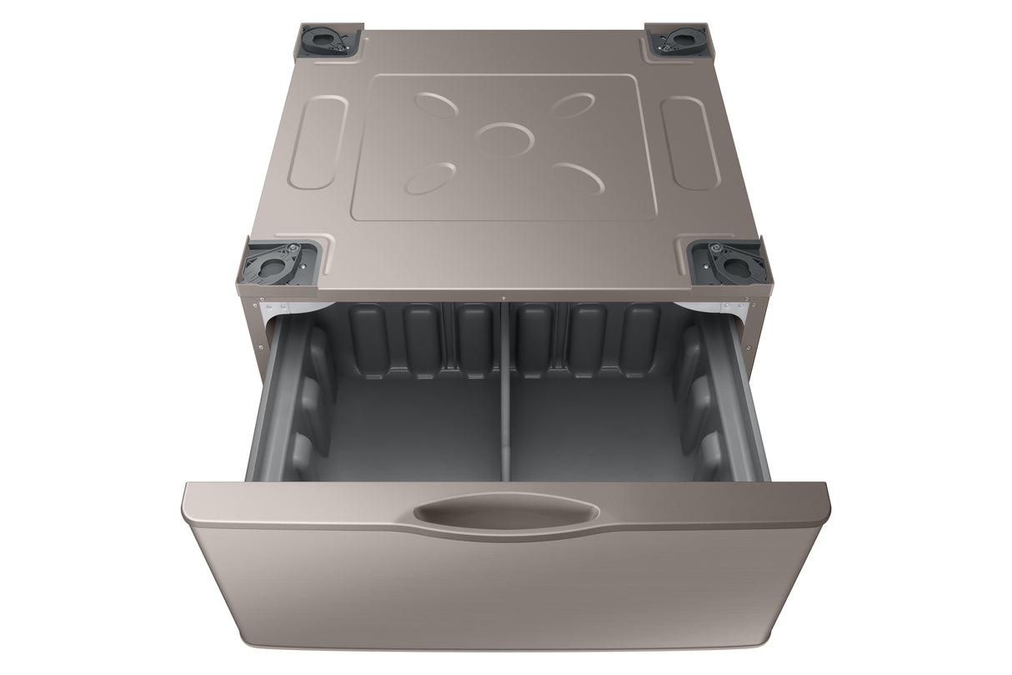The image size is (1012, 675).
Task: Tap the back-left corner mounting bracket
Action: (328, 41)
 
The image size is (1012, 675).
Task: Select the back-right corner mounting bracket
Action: (678, 41)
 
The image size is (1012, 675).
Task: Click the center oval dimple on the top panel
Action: (505, 139)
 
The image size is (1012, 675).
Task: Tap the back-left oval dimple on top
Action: (436, 104)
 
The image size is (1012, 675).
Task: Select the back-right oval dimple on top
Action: (573, 105)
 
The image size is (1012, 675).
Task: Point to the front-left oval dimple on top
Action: (430, 178)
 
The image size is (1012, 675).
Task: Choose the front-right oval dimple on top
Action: (578, 177)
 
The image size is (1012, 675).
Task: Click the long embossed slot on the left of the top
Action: (318, 142)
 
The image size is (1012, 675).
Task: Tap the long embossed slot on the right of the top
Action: (690, 143)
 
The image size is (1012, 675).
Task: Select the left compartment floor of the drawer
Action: (408, 434)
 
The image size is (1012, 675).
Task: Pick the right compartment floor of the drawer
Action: (600, 434)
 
